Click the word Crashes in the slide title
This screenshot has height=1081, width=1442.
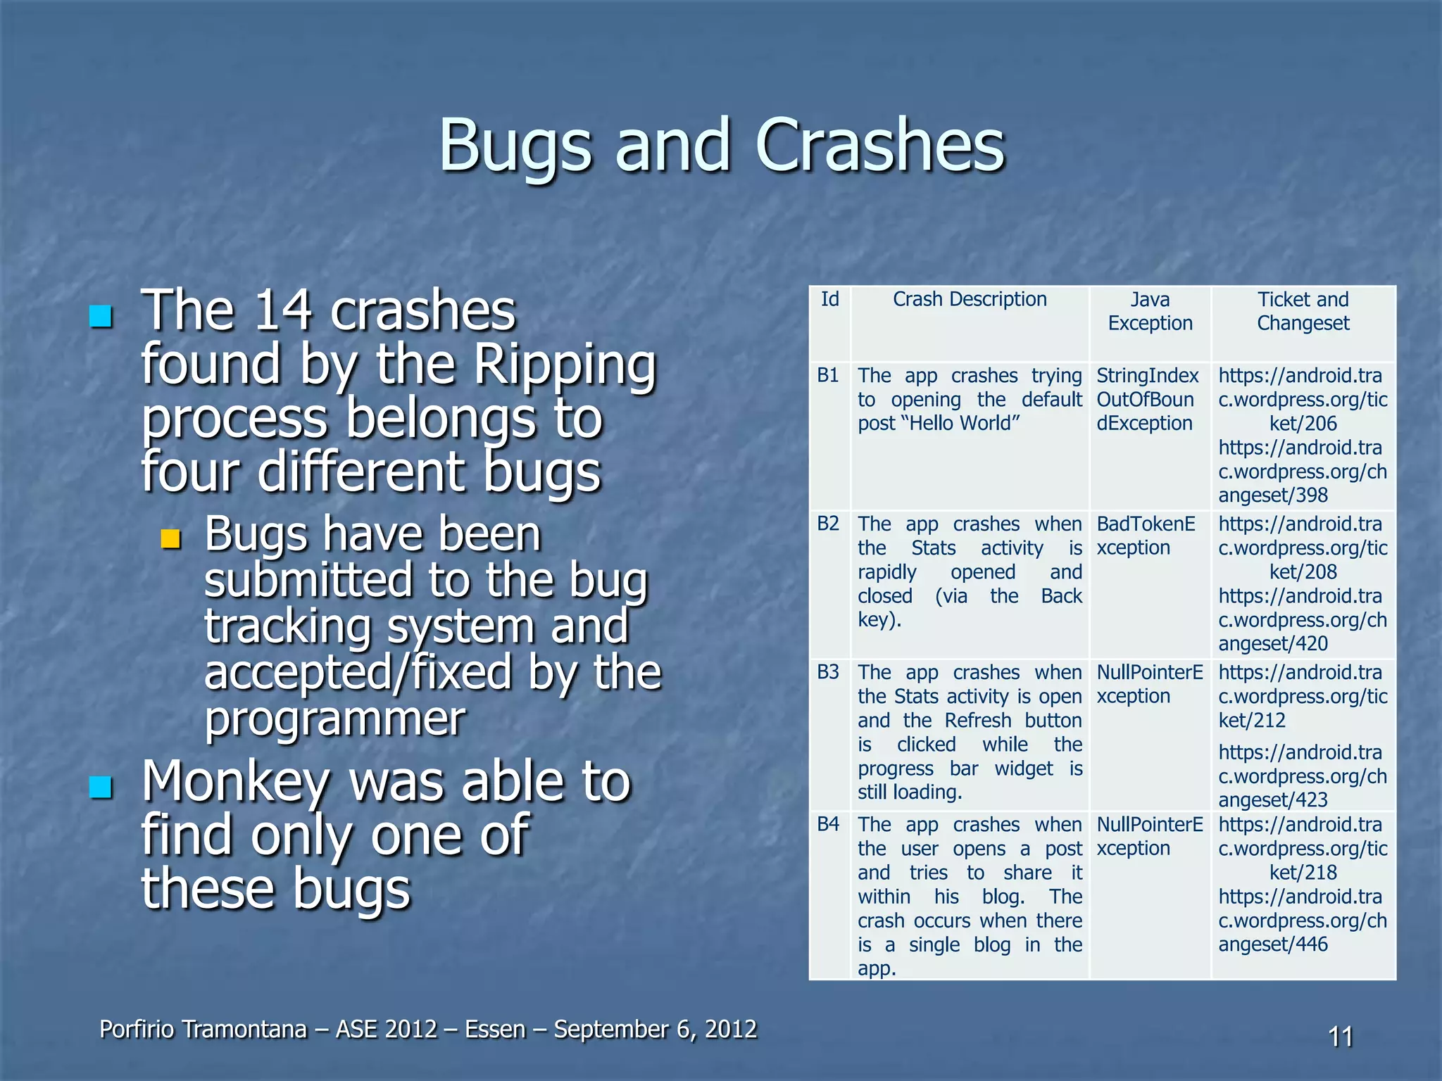click(880, 146)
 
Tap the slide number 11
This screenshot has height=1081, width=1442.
click(1340, 1037)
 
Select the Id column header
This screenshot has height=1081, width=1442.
click(829, 300)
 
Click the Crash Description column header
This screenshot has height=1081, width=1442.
click(970, 300)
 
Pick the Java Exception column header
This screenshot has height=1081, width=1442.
click(1150, 311)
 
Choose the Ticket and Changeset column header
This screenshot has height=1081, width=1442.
click(1303, 311)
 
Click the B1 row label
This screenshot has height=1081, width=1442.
click(828, 375)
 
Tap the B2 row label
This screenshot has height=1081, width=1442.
click(828, 524)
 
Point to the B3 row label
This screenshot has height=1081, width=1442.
click(828, 672)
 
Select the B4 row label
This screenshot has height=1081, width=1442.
click(828, 824)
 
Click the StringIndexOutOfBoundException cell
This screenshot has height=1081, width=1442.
click(1147, 400)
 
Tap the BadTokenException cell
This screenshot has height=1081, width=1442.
click(1146, 536)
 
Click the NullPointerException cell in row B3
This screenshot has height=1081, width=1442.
click(1150, 684)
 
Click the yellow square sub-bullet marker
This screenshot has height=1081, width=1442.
click(170, 539)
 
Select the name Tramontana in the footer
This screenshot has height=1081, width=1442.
click(244, 1029)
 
